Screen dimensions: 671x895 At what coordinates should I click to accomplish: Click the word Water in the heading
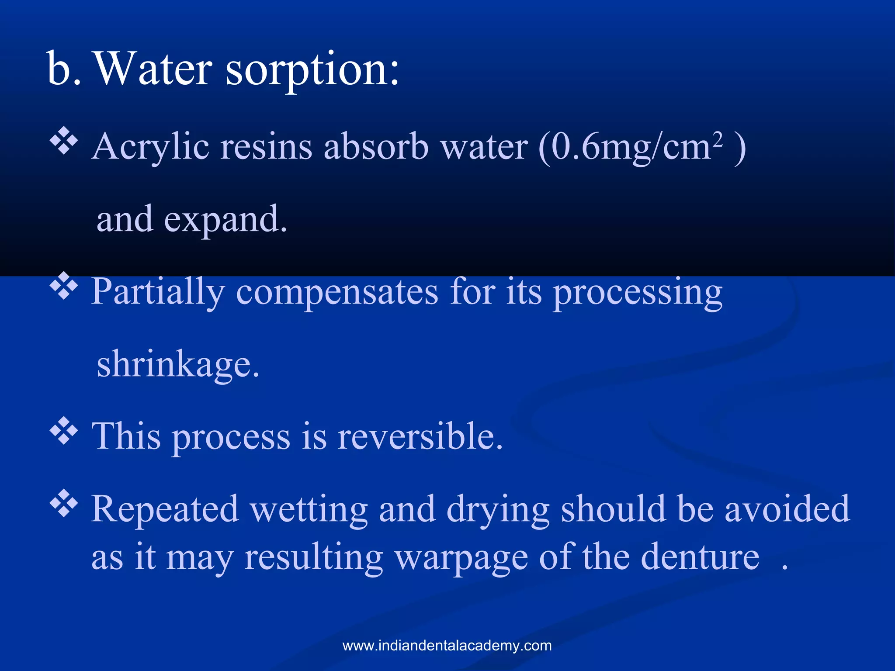tap(154, 69)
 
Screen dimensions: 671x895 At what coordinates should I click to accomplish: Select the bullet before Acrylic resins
tap(64, 141)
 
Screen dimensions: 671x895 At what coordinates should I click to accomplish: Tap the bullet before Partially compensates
tap(64, 286)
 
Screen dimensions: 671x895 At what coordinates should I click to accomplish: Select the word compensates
tap(336, 292)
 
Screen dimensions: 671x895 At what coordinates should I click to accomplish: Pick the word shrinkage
tap(178, 364)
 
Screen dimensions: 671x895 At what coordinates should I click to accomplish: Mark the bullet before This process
tap(64, 431)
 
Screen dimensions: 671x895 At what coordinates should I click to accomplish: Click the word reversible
tap(420, 436)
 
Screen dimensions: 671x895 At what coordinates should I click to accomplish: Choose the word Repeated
tap(165, 509)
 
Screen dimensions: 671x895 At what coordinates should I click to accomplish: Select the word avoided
tap(787, 509)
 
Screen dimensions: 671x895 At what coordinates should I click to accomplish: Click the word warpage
tap(461, 558)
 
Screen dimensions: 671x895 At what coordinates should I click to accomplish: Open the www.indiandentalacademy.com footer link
tap(447, 646)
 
